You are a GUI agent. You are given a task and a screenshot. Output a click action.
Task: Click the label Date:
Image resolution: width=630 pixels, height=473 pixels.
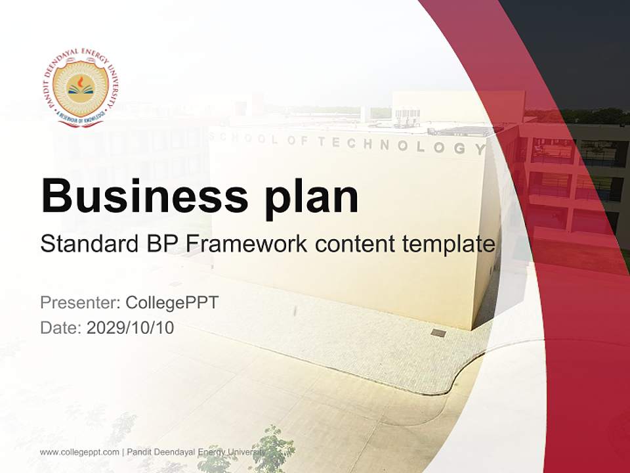pos(61,327)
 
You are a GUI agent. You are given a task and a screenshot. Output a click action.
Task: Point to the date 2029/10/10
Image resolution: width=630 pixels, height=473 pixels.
pos(131,327)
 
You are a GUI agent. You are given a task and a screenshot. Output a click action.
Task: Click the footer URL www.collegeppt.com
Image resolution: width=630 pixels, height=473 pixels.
pos(79,452)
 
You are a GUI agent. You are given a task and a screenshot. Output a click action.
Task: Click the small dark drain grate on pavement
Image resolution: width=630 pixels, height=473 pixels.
pos(438,333)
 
